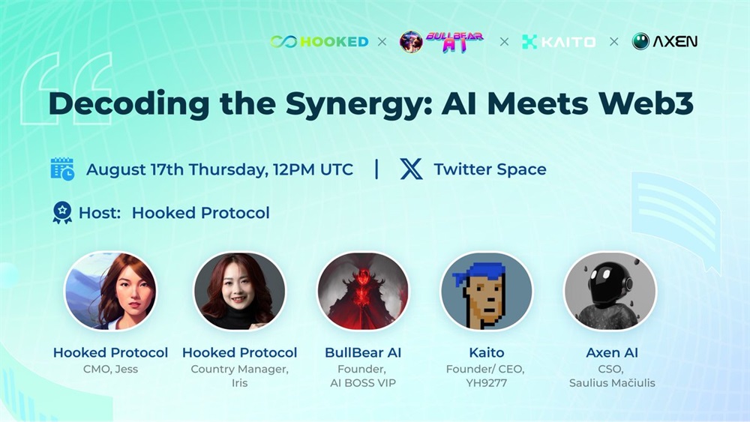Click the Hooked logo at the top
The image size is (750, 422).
(319, 41)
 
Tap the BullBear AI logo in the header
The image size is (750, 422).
(442, 41)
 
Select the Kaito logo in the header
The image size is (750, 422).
(559, 42)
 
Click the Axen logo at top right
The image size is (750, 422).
(664, 41)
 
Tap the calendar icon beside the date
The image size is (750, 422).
(62, 169)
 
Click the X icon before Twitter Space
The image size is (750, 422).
(411, 169)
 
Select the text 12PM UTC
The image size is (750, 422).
(313, 169)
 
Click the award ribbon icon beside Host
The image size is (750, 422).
(62, 213)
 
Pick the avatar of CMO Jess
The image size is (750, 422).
(110, 291)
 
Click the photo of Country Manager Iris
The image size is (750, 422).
(240, 291)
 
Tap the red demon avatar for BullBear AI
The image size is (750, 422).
(363, 291)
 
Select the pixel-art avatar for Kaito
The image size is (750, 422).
(487, 291)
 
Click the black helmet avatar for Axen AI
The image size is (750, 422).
(610, 291)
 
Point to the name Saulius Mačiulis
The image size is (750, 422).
(612, 383)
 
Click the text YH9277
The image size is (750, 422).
(487, 383)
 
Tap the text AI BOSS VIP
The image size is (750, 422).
(363, 383)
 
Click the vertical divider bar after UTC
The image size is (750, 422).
(377, 169)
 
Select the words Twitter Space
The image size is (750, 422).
(490, 169)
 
